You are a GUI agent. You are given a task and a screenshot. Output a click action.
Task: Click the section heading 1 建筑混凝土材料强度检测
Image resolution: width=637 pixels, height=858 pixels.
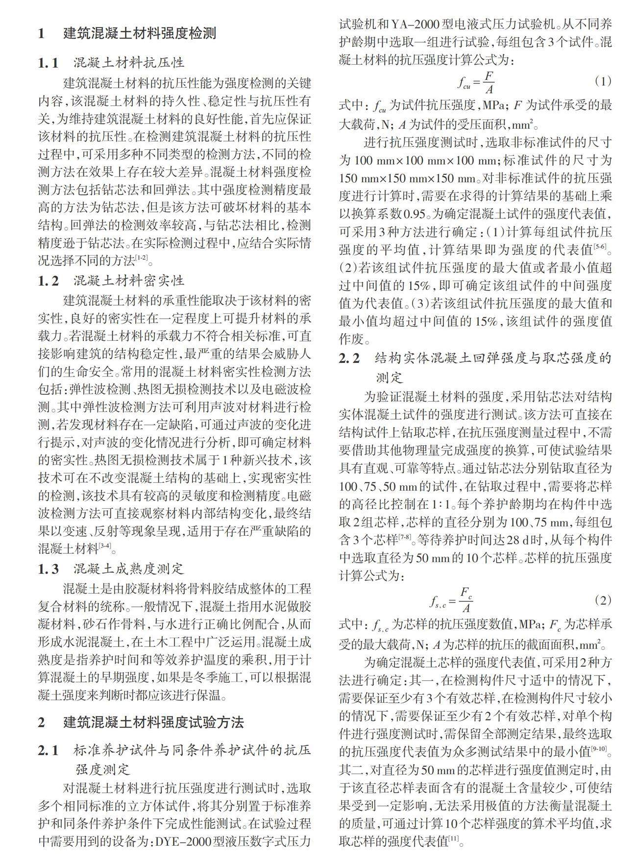(127, 33)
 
